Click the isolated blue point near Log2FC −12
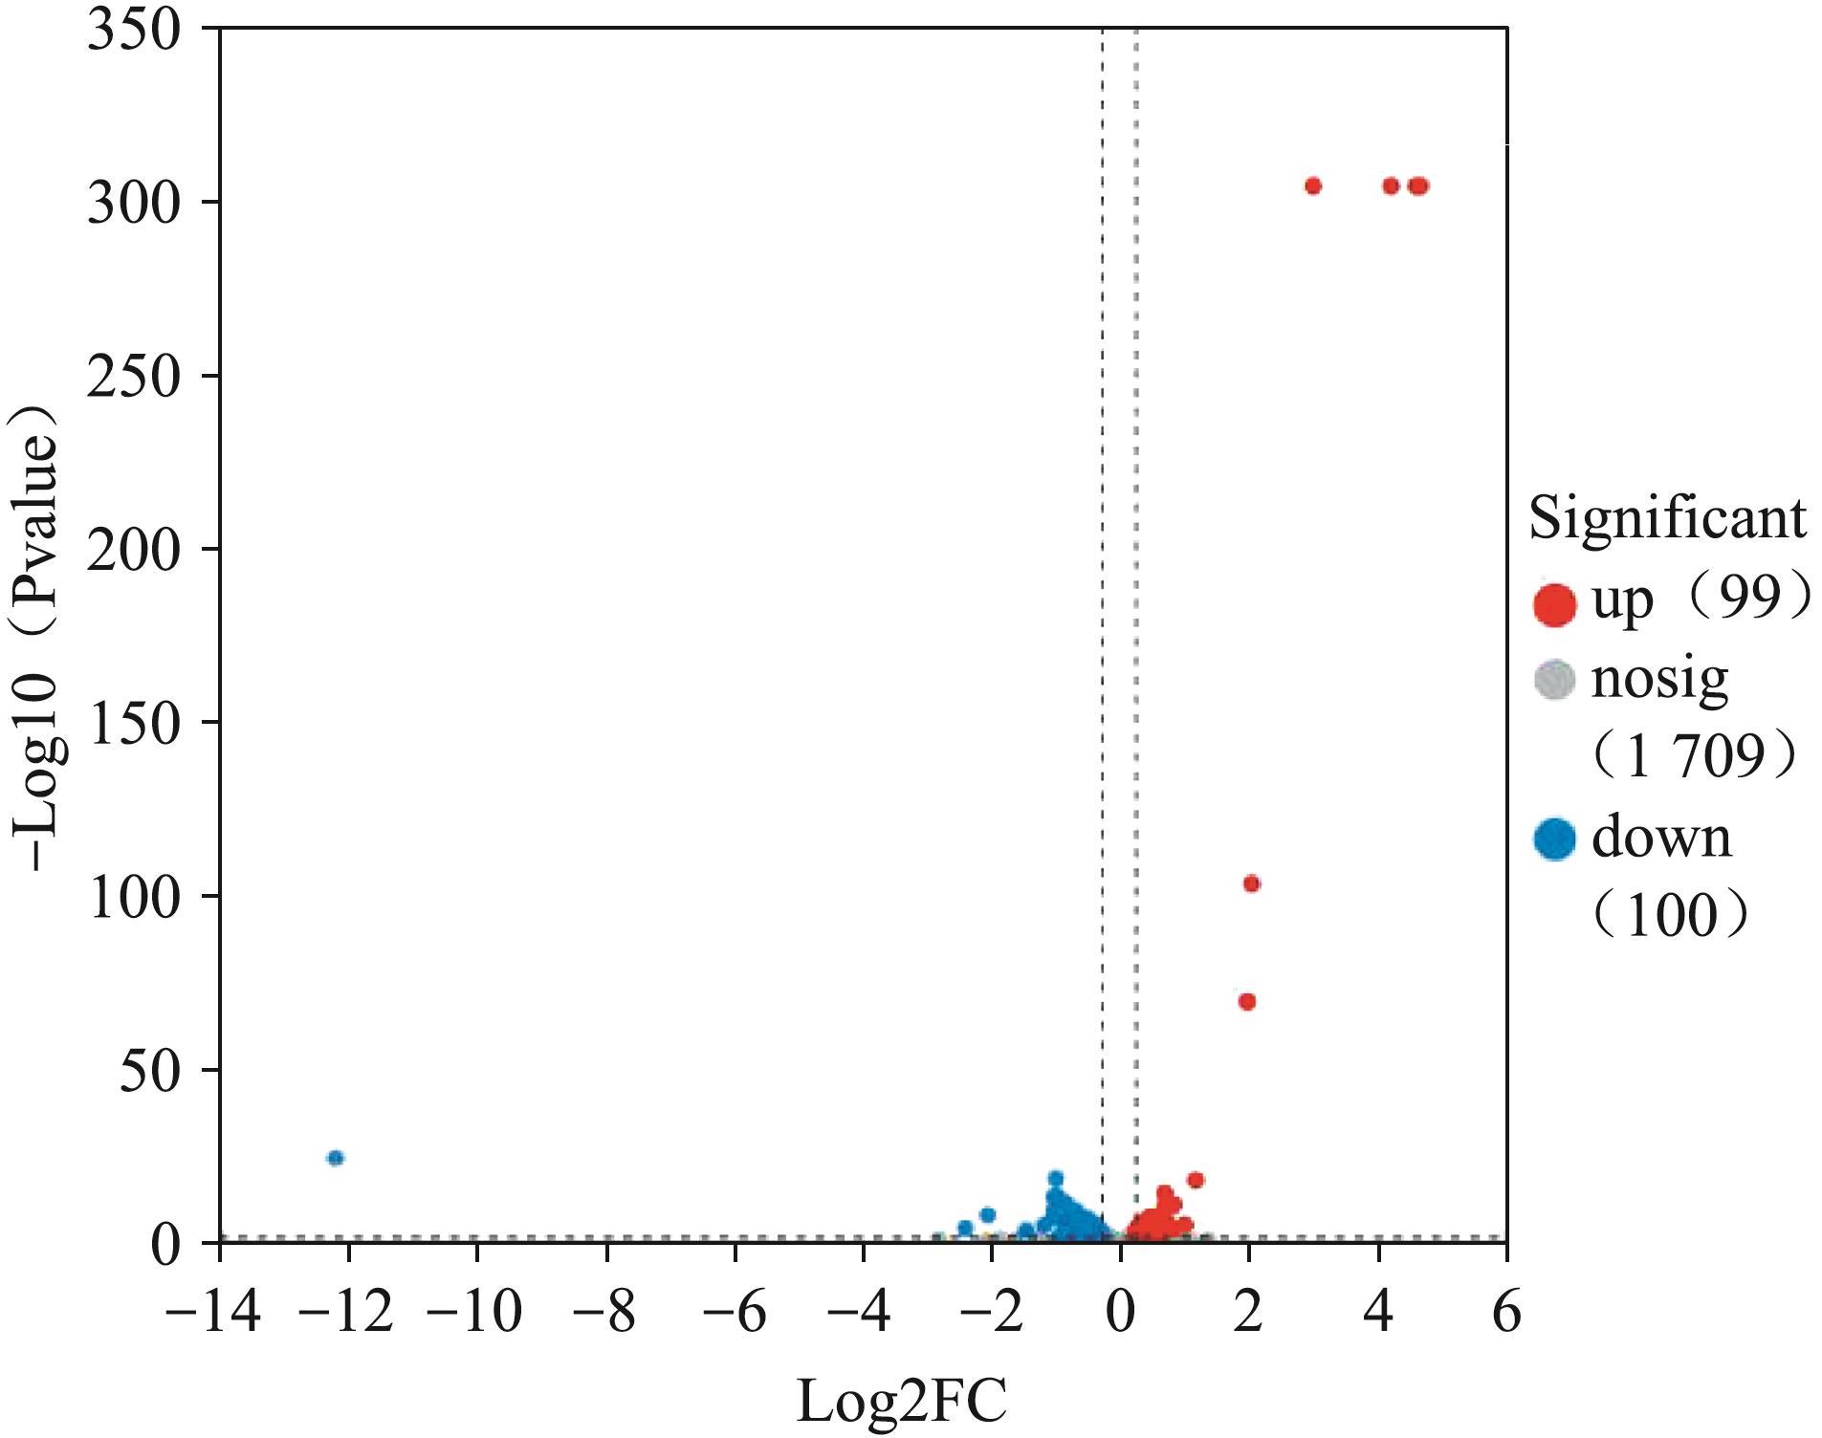click(x=335, y=1158)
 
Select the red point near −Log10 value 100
click(x=1251, y=883)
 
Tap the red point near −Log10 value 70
click(x=1246, y=1001)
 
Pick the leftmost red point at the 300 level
click(x=1312, y=185)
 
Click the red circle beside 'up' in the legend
click(x=1553, y=605)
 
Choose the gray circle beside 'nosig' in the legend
click(x=1553, y=681)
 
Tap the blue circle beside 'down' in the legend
click(x=1553, y=839)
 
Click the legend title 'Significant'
click(x=1667, y=519)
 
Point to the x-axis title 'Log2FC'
click(x=901, y=1403)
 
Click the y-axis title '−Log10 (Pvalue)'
click(x=38, y=637)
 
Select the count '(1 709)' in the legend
click(x=1693, y=757)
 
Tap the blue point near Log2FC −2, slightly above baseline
click(x=987, y=1215)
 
